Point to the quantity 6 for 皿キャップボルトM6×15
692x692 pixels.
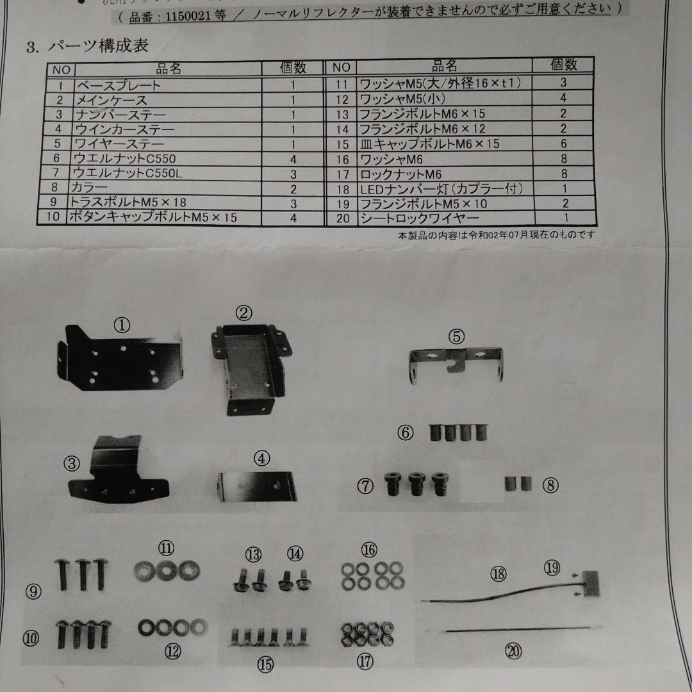563,144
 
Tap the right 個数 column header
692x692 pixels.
563,65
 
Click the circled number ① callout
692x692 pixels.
122,325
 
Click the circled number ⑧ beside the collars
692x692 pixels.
550,485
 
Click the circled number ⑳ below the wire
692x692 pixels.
513,652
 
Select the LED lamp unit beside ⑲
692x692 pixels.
592,584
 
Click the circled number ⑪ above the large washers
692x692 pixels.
167,548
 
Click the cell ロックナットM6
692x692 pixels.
400,174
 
